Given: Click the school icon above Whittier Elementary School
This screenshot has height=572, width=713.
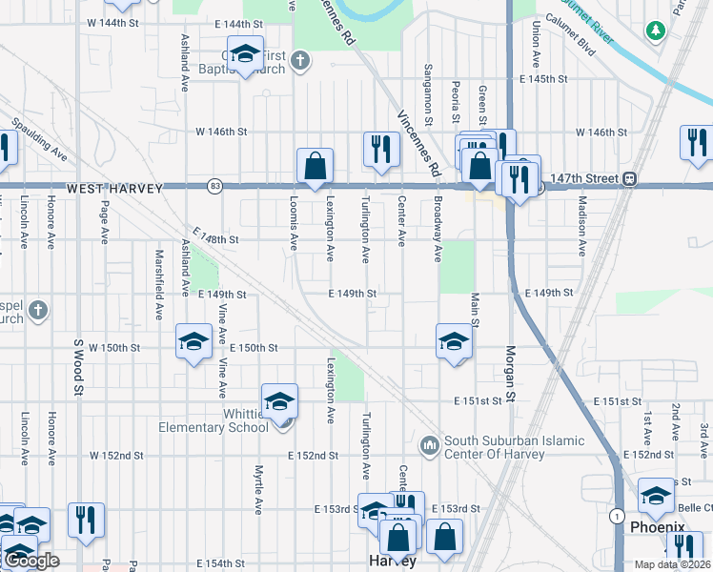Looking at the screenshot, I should [x=279, y=402].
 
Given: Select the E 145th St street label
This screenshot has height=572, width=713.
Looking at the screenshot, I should [x=543, y=79].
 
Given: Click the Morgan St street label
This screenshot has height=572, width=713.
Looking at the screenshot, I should [x=511, y=373].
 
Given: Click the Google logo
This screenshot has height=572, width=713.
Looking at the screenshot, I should [x=31, y=562].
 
